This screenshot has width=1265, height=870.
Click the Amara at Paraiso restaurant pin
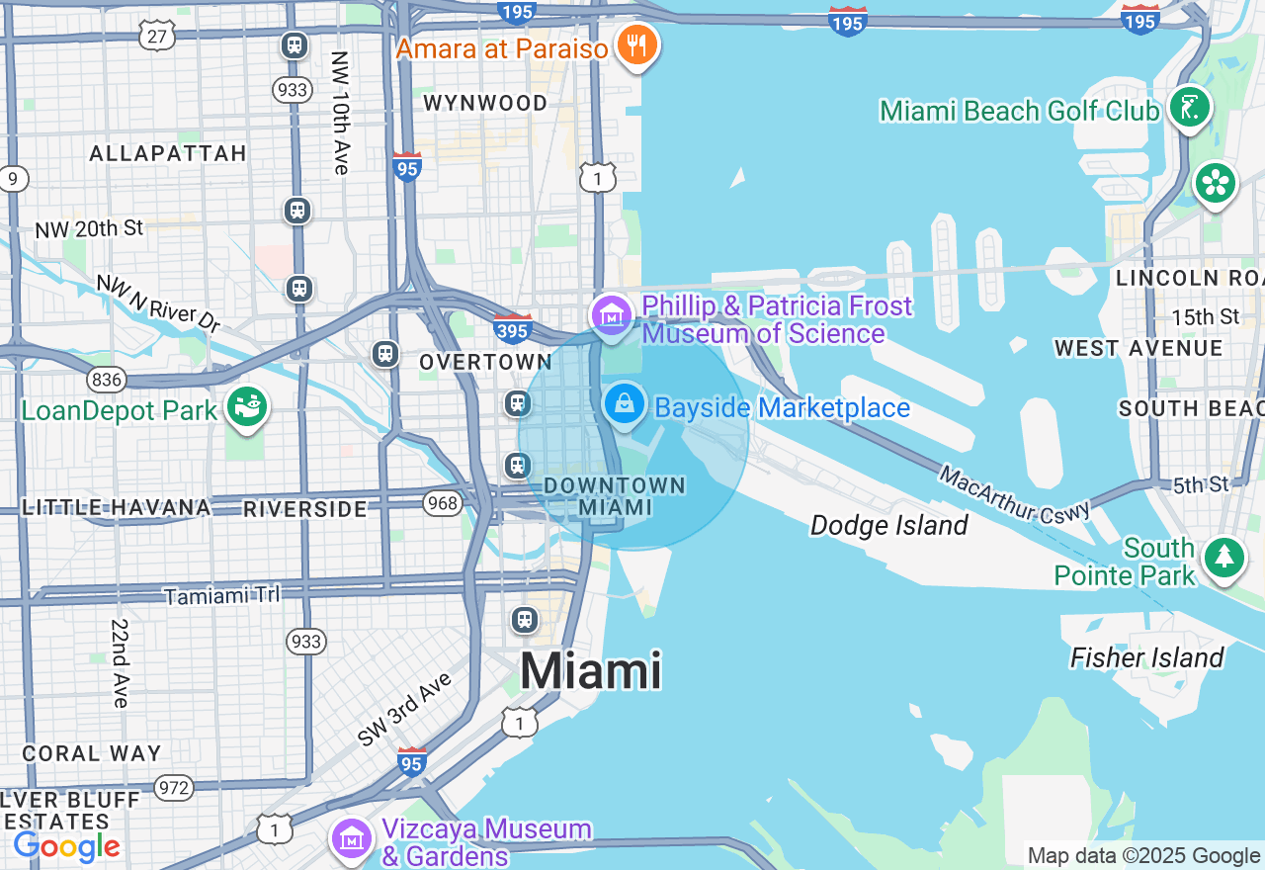click(x=637, y=44)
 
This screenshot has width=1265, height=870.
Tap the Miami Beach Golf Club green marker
click(x=1189, y=108)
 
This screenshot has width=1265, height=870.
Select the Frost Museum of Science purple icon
click(x=613, y=315)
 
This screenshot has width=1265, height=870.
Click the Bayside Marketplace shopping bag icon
click(x=625, y=404)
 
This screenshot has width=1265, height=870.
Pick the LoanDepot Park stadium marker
click(x=246, y=406)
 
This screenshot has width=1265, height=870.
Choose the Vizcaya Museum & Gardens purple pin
click(x=352, y=838)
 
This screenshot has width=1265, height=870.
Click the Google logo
click(x=66, y=846)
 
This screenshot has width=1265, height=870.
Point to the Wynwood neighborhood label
click(x=485, y=103)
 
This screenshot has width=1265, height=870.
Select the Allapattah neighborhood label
click(x=167, y=153)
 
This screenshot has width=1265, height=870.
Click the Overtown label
click(x=485, y=362)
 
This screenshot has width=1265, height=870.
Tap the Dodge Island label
click(x=888, y=525)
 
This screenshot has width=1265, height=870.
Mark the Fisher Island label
click(x=1147, y=657)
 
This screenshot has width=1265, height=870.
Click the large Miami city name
click(x=591, y=671)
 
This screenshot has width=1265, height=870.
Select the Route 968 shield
click(x=443, y=503)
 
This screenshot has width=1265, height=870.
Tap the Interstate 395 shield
click(x=513, y=327)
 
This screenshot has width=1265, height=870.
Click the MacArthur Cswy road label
click(x=1014, y=495)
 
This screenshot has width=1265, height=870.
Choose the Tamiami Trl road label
click(x=221, y=595)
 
